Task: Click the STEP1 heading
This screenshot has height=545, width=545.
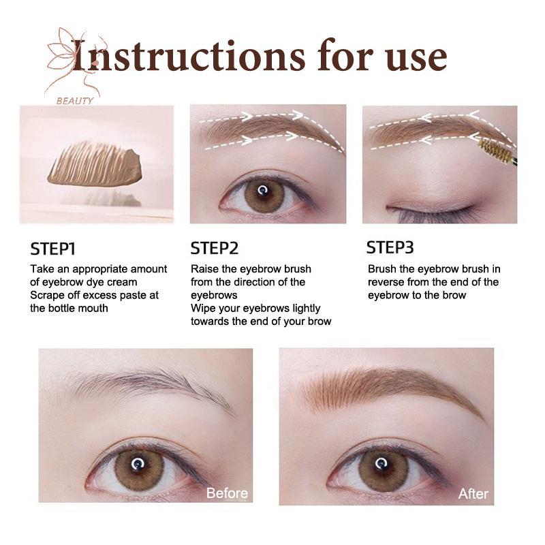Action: [52, 249]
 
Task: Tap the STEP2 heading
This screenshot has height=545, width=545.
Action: [215, 249]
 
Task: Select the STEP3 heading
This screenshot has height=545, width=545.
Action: [390, 247]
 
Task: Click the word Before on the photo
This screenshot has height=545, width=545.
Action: [227, 493]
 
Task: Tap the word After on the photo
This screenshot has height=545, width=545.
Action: [473, 493]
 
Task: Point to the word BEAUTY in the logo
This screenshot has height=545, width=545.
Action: [75, 101]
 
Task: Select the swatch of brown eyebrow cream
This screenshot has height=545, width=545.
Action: [95, 164]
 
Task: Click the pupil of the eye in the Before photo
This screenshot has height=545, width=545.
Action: [138, 465]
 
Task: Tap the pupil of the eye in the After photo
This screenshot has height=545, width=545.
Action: [381, 464]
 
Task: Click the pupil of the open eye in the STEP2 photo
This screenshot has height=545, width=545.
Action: [263, 191]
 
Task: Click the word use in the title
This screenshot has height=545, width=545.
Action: [416, 57]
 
